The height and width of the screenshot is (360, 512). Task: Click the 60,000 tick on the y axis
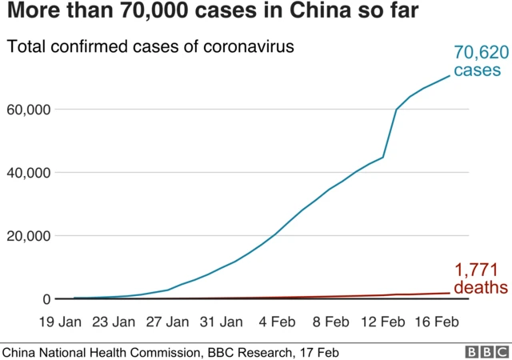click(29, 109)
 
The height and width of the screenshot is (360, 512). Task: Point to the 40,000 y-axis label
click(29, 172)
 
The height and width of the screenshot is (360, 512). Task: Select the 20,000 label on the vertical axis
click(29, 236)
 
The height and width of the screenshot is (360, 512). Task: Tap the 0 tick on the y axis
click(46, 299)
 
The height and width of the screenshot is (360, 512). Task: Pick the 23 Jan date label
click(113, 322)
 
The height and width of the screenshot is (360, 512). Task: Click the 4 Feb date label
click(276, 322)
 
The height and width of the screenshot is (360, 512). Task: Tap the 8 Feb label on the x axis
click(330, 322)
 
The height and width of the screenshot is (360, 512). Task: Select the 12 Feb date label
click(383, 322)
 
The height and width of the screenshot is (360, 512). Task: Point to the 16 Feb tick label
click(437, 322)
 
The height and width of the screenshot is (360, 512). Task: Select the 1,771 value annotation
click(478, 270)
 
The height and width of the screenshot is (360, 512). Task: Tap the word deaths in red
click(480, 286)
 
